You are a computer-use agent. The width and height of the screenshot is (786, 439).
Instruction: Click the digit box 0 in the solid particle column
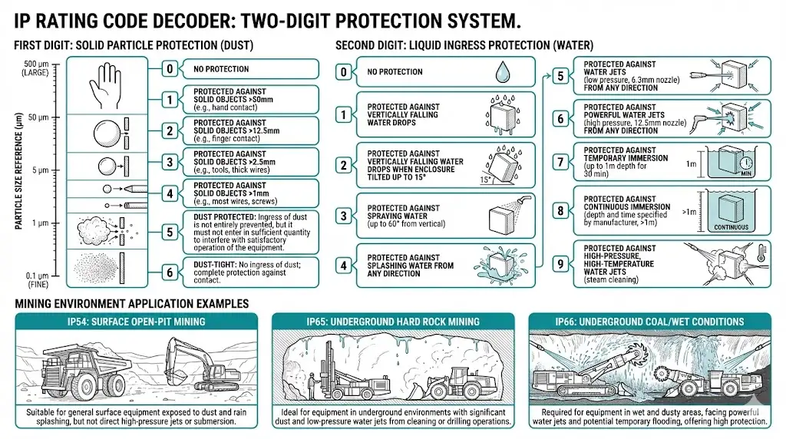(x=170, y=69)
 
